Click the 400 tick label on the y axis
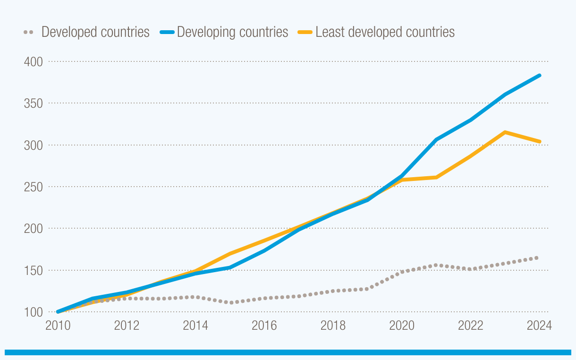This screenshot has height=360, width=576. coord(33,62)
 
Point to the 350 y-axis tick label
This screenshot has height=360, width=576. coord(33,103)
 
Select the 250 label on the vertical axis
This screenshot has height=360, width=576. coord(33,187)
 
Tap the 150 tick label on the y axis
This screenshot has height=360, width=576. coord(33,271)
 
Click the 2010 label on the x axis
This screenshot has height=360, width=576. coord(58,326)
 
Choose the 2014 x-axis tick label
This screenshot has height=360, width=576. coord(195,326)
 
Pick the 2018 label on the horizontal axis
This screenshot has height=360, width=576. coord(333,326)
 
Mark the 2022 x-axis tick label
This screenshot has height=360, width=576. coord(471,326)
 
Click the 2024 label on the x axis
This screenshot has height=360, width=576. coord(539,326)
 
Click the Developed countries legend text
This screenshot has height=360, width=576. coord(95,32)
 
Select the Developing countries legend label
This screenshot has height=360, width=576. coord(232,32)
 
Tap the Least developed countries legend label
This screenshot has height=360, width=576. coord(385,32)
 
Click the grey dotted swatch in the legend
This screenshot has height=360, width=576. coord(28,32)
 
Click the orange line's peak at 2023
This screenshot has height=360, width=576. coord(505,132)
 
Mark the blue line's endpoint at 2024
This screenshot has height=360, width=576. coord(540,76)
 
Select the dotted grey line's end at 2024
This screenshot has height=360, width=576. coord(537,257)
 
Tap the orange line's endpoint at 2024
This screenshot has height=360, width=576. coord(540,142)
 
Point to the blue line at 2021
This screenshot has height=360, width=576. coord(437,139)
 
